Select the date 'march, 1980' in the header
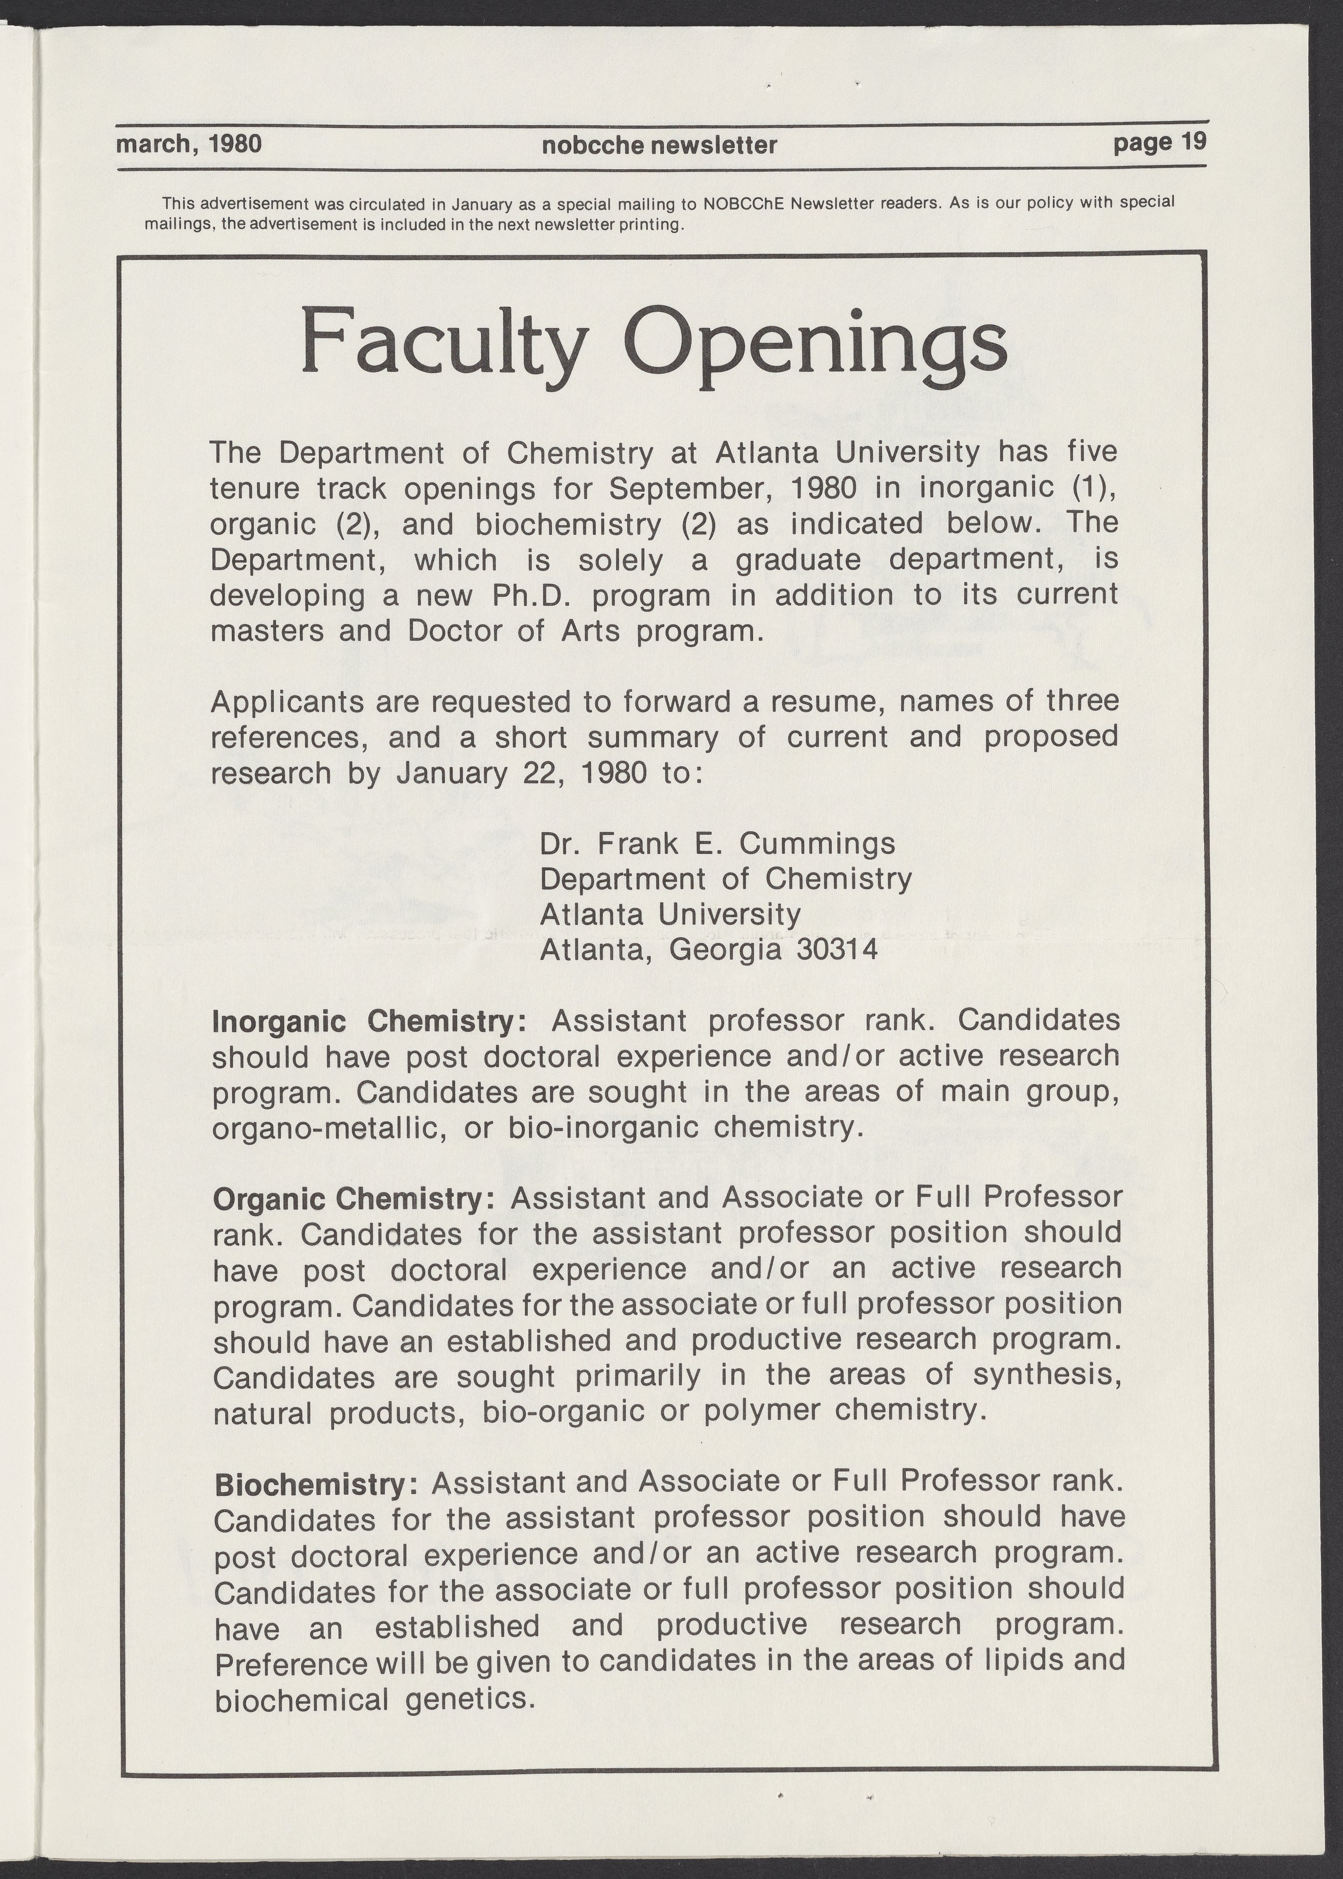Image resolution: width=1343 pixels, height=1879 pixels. pos(189,144)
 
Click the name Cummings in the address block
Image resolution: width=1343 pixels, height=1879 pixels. pos(816,845)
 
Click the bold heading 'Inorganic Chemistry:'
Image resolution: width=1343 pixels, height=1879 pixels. pos(370,1022)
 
